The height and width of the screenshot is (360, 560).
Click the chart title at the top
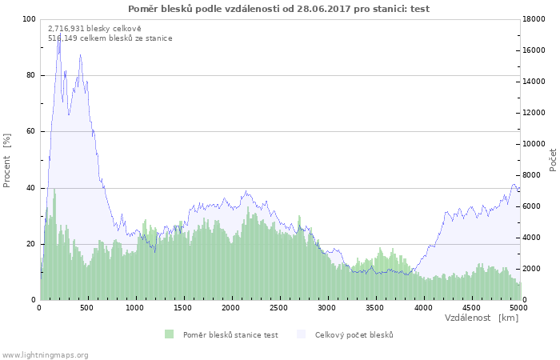278,9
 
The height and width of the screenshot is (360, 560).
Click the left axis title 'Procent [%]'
6,160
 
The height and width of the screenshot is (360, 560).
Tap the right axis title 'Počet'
553,160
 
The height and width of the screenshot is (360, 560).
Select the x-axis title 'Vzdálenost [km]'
481,318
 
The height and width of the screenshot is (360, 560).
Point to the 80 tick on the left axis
31,75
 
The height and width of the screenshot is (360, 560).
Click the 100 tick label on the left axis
30,19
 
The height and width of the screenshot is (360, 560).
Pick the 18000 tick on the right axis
534,19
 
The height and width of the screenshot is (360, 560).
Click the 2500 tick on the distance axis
278,308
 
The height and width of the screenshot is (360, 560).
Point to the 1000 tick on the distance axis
134,308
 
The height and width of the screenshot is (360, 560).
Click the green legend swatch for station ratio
170,334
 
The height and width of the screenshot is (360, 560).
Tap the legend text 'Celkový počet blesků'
354,335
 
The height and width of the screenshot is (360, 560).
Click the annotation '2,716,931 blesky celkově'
94,29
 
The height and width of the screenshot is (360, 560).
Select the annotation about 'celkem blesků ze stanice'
110,38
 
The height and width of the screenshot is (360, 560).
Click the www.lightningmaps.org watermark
45,355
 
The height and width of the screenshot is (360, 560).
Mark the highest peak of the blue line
60,34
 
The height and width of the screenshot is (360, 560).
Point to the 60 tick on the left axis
31,131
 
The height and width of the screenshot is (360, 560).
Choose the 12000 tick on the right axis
534,113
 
